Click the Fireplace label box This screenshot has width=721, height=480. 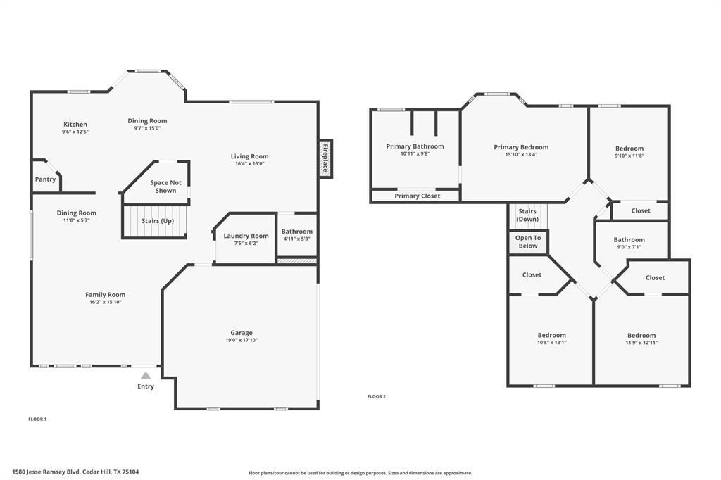point(325,158)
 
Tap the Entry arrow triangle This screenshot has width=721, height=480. point(146,376)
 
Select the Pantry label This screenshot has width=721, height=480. point(46,179)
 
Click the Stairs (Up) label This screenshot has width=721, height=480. point(157,221)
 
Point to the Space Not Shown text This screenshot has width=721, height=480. point(165,187)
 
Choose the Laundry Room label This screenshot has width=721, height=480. point(246,236)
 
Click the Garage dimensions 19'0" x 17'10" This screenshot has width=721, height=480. point(242,341)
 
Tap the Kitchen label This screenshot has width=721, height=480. point(75,125)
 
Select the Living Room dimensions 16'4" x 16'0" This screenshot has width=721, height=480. point(250,164)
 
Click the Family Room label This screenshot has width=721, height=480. point(106,295)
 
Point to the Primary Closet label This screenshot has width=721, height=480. point(417,196)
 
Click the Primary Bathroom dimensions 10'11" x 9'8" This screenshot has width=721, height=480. point(415,153)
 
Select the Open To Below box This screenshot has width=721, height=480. point(527,242)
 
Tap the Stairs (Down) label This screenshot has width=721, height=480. point(527,215)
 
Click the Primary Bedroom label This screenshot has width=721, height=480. point(521,147)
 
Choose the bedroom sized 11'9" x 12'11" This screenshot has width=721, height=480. point(641,339)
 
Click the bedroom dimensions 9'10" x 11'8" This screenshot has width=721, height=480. point(629,156)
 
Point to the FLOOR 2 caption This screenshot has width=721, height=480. point(377,396)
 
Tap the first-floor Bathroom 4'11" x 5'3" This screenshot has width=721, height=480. point(296,235)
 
